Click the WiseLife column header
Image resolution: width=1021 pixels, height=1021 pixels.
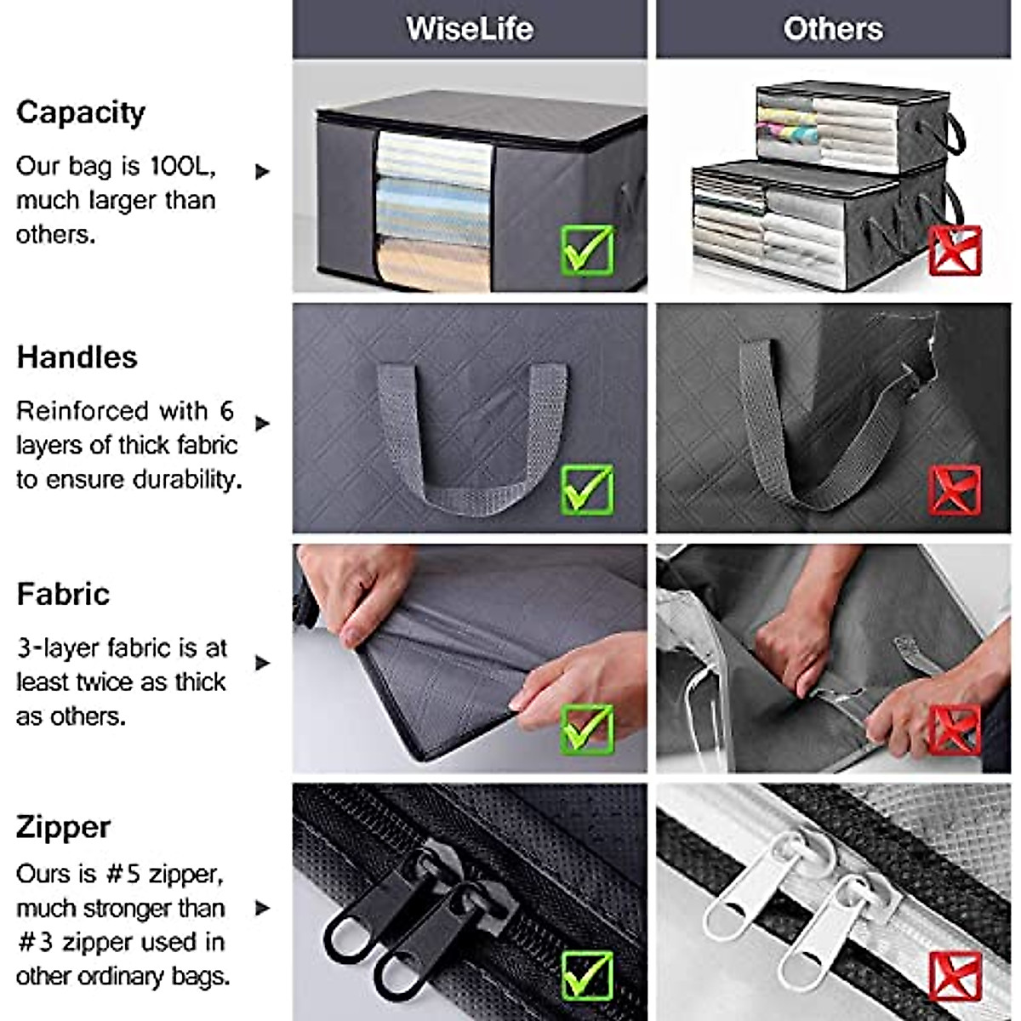click(x=470, y=29)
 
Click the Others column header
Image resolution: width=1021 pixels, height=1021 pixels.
click(x=833, y=29)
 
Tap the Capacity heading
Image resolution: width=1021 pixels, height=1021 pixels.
click(x=81, y=112)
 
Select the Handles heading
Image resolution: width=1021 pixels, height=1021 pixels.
click(x=77, y=357)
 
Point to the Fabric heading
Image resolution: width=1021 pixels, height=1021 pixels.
click(x=63, y=594)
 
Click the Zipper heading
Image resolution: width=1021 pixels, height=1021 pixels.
click(x=63, y=827)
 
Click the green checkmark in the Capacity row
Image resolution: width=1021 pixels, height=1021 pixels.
click(x=587, y=250)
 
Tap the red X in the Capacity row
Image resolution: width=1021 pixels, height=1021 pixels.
click(x=955, y=250)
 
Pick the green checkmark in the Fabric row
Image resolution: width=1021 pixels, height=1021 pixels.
click(x=587, y=729)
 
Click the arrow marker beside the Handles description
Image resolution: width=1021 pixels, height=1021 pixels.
click(x=262, y=423)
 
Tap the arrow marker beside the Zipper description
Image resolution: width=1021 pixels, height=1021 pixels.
click(x=262, y=908)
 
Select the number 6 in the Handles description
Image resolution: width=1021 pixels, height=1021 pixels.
click(x=226, y=411)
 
